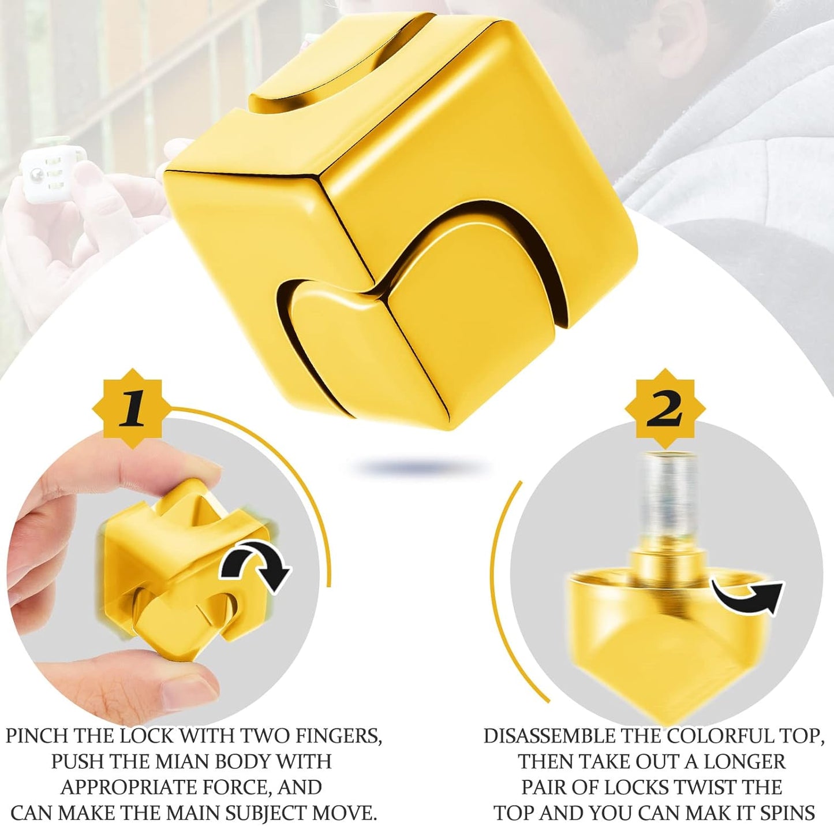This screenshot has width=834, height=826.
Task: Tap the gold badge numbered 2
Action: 664,408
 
